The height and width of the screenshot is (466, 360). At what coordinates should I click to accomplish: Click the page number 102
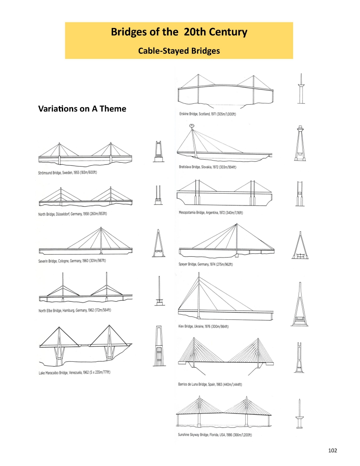pyautogui.click(x=332, y=450)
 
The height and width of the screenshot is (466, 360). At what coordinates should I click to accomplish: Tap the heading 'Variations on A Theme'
pyautogui.click(x=82, y=109)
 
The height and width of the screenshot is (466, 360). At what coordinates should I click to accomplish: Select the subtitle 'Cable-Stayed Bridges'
pyautogui.click(x=179, y=51)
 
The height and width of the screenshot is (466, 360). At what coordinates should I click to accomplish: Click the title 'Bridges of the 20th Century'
pyautogui.click(x=179, y=32)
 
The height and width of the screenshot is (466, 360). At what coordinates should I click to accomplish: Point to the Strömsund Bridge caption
pyautogui.click(x=68, y=173)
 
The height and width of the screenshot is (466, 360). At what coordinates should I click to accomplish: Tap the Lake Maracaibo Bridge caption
pyautogui.click(x=75, y=373)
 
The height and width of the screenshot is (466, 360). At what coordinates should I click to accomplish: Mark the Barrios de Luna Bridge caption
pyautogui.click(x=210, y=385)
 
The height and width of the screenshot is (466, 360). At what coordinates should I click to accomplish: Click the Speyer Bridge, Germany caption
pyautogui.click(x=206, y=264)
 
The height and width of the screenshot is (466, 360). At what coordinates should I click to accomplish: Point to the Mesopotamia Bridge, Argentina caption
pyautogui.click(x=210, y=213)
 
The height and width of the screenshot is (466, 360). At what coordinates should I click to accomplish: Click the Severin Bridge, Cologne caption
pyautogui.click(x=72, y=261)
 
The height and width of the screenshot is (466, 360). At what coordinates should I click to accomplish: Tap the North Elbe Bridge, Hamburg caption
pyautogui.click(x=75, y=311)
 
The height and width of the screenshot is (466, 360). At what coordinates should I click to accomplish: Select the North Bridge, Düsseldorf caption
pyautogui.click(x=72, y=214)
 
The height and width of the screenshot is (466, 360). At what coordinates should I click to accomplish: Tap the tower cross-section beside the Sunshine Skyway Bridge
pyautogui.click(x=300, y=413)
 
